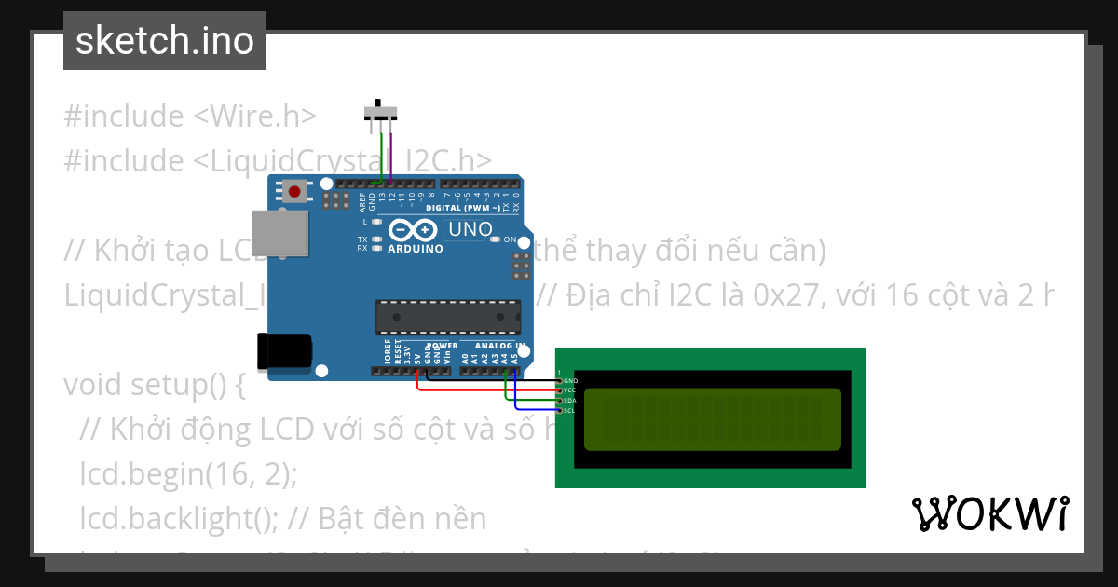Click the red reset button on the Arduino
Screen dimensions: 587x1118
pos(294,192)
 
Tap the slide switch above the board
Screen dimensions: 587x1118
pos(380,114)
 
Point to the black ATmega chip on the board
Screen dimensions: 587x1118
pos(447,317)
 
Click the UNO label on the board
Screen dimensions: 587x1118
pos(471,229)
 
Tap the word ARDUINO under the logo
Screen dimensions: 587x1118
pos(414,249)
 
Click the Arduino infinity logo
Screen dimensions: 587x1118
pos(413,230)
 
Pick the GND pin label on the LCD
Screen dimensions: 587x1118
pos(570,381)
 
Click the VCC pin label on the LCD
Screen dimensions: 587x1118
pos(570,390)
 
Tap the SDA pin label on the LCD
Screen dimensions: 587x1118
pos(570,400)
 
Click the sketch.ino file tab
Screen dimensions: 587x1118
pos(165,41)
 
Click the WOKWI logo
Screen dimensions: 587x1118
pos(990,513)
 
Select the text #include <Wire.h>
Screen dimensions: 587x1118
pos(190,116)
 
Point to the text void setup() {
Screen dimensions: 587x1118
pos(154,385)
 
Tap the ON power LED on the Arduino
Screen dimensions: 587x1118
pos(496,239)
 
